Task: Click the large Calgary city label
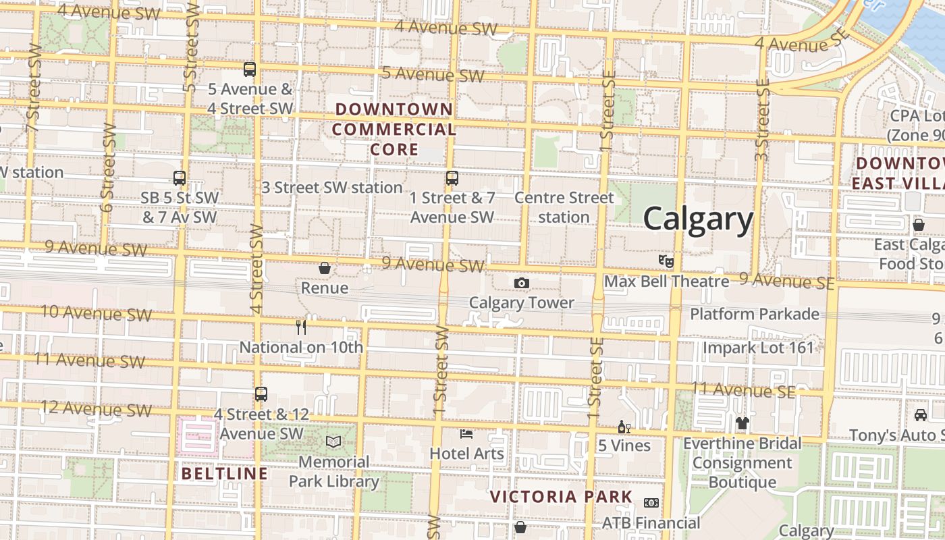coord(698,219)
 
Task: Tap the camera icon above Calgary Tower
coord(522,283)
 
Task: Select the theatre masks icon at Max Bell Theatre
coord(666,260)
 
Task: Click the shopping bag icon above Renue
coord(325,268)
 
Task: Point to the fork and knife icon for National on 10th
coord(301,327)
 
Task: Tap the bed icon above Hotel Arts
coord(466,433)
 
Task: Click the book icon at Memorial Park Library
coord(333,442)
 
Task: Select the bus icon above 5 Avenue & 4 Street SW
coord(250,69)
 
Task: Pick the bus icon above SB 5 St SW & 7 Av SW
coord(180,178)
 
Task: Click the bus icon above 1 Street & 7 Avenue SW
coord(452,178)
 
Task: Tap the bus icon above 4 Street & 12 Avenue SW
coord(261,394)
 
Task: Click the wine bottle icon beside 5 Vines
coord(624,427)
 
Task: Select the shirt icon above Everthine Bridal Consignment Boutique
coord(742,423)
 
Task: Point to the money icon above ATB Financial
coord(651,503)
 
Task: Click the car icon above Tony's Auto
coord(920,414)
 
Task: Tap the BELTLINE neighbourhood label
coord(224,473)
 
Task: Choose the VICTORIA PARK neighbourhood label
coord(561,497)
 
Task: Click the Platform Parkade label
coord(755,314)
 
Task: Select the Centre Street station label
coord(564,207)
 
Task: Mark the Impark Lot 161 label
coord(759,348)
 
